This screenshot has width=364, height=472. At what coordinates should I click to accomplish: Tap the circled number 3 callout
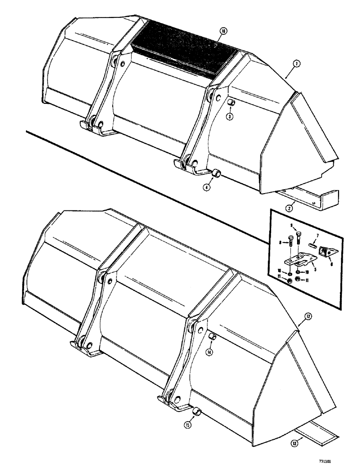[x=229, y=117]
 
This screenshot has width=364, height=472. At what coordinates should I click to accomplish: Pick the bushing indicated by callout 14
[x=213, y=337]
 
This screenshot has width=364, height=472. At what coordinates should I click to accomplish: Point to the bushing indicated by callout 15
[x=199, y=413]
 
